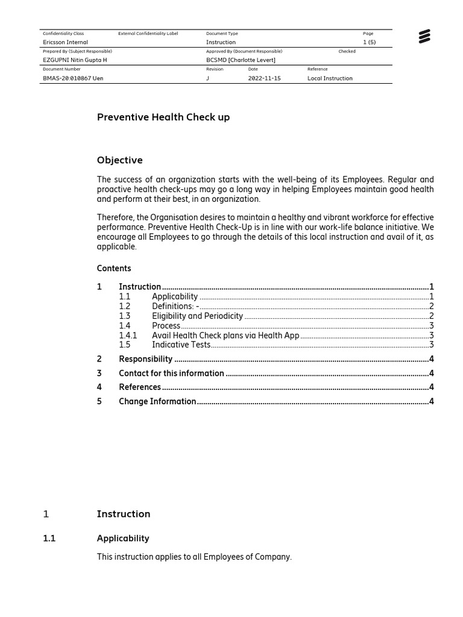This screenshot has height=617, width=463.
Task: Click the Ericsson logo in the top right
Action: coord(424,37)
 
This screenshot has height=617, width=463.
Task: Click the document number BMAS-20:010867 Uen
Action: coord(73,78)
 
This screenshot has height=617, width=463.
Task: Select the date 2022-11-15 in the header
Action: coord(264,78)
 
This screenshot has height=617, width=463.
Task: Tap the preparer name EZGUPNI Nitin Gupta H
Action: coord(75,60)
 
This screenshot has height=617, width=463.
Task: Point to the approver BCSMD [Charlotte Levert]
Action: coord(241,60)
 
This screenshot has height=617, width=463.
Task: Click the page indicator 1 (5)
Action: coord(369,42)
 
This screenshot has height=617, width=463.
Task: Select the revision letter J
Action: coord(208,78)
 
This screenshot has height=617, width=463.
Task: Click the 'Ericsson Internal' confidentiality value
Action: coord(65,42)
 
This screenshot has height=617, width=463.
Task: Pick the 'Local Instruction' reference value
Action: coord(330,78)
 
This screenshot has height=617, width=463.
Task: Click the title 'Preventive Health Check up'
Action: coord(163,117)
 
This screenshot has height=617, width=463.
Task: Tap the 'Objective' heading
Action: coord(120,160)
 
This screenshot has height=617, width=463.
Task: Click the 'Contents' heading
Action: coord(114,268)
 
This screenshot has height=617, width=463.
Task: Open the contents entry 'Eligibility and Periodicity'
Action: coord(197,316)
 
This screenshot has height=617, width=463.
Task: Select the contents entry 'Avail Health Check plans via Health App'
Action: coord(225,335)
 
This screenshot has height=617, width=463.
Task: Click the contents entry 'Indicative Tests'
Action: coord(181,345)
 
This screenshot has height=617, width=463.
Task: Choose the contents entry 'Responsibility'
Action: coord(145,359)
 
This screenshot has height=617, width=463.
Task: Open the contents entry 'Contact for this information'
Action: coord(171,373)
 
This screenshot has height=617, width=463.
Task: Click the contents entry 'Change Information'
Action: coord(157,401)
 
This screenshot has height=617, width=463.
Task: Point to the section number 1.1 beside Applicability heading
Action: coord(49,539)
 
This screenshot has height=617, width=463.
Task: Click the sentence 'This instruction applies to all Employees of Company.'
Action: coord(194,557)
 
